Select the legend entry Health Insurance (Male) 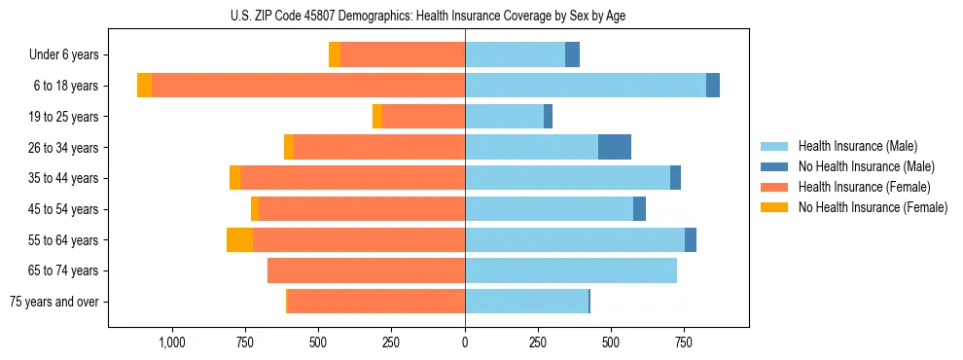click(857, 146)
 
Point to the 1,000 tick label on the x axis click(171, 342)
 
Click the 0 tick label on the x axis click(465, 342)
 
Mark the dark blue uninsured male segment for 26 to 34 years click(615, 147)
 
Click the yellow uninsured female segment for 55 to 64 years click(239, 239)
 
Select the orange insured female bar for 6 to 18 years click(307, 86)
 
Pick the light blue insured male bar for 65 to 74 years click(571, 270)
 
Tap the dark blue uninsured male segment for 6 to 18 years click(713, 86)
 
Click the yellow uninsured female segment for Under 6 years click(335, 54)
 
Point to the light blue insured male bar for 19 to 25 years click(504, 117)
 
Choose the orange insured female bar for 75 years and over click(376, 302)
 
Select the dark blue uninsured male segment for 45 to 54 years click(639, 209)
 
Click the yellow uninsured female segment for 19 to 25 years click(377, 117)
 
